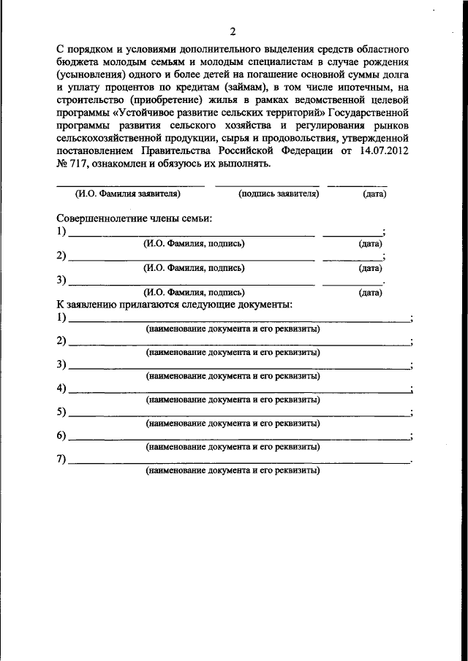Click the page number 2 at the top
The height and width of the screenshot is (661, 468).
pos(233,31)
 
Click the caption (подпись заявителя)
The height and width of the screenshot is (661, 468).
pos(278,194)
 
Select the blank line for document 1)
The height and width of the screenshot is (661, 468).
pos(240,321)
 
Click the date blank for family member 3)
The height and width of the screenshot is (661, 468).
pos(352,283)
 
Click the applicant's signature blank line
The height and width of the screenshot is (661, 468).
pos(267,186)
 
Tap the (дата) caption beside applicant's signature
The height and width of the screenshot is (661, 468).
pos(374,194)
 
